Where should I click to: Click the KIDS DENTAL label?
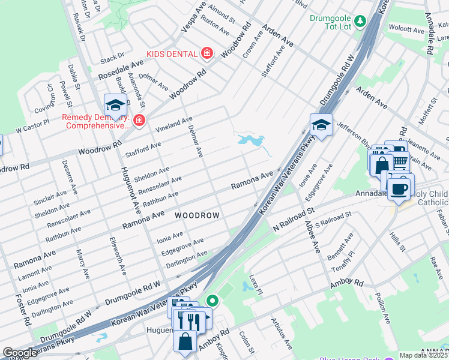pos(172,54)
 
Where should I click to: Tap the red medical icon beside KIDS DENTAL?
pos(207,54)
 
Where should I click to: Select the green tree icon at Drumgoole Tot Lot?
pos(360,22)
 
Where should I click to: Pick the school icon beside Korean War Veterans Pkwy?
pos(321,125)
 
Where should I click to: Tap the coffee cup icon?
pos(400,189)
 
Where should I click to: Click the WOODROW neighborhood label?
pos(197,215)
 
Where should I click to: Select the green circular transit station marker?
pos(211,300)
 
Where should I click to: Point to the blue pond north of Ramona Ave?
pos(252,141)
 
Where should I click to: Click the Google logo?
pos(20,353)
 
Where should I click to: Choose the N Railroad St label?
pos(294,220)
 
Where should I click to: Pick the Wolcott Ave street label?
pos(406,29)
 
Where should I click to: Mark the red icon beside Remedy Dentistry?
pos(139,121)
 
